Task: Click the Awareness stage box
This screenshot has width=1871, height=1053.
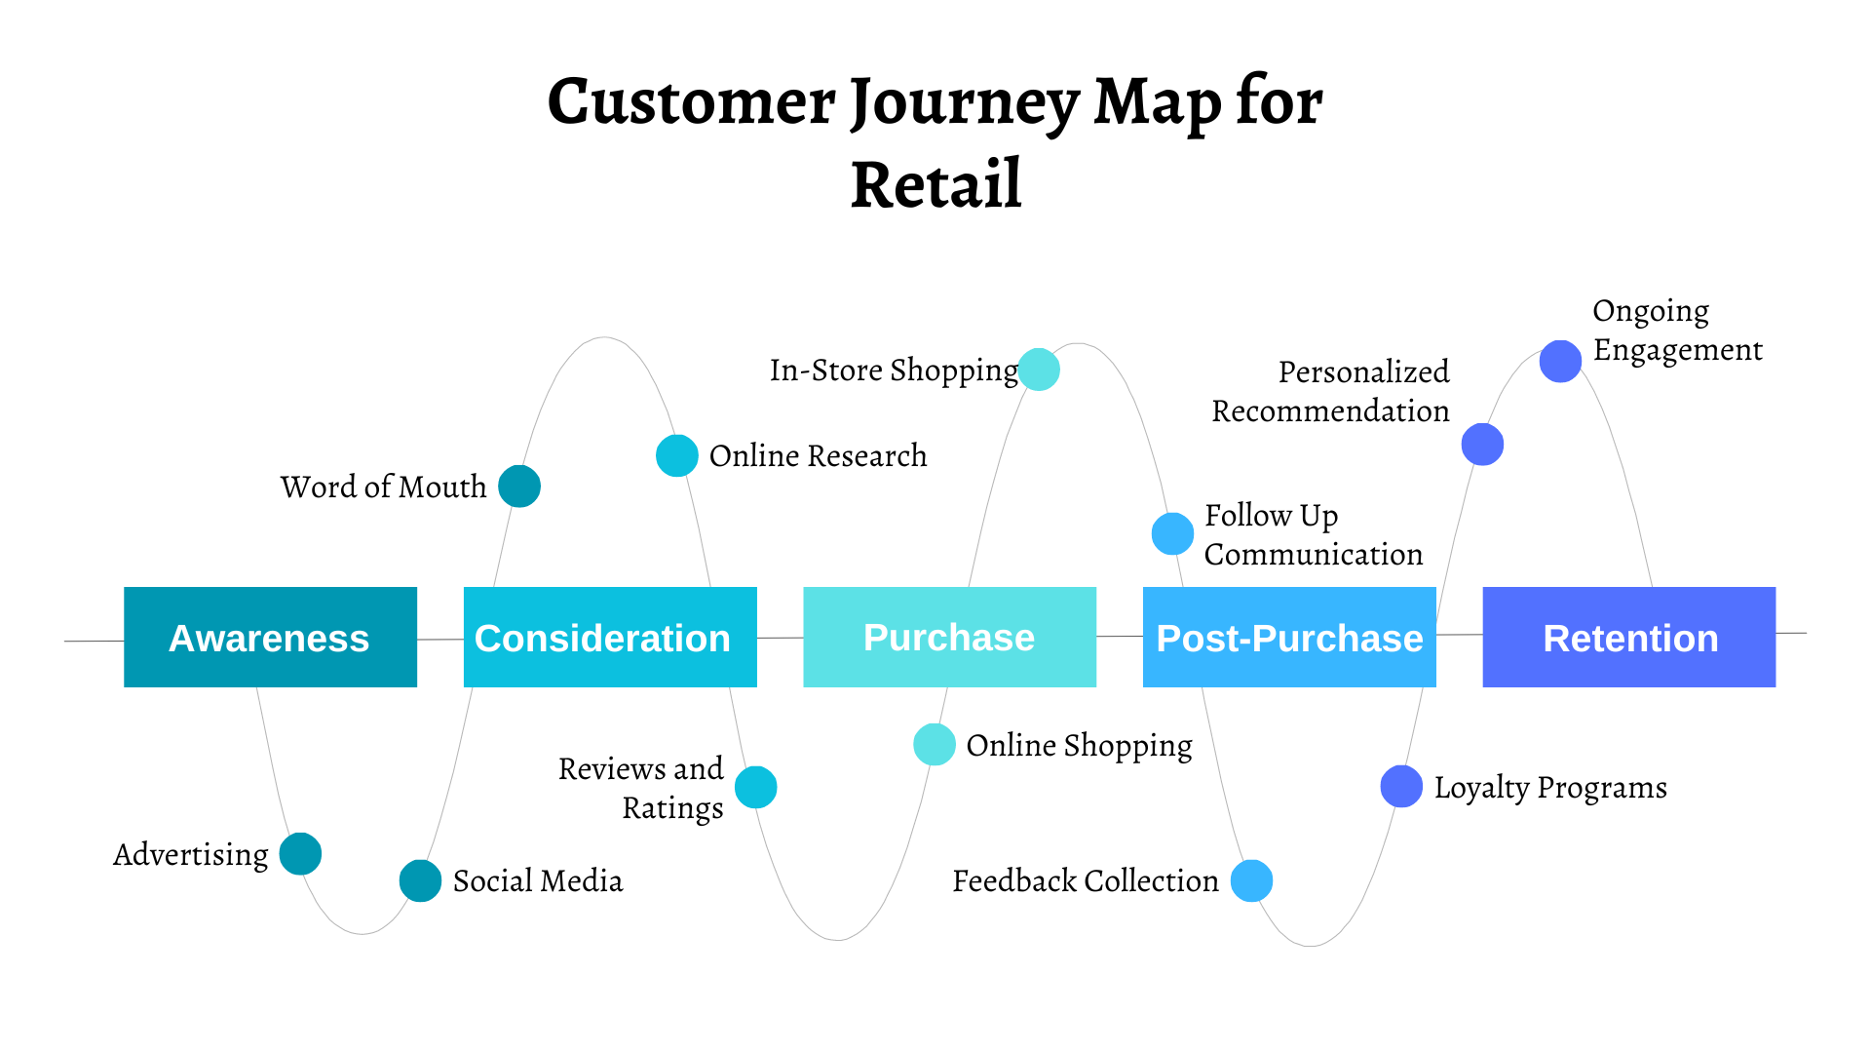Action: [x=270, y=638]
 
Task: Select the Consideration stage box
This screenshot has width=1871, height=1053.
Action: [x=610, y=638]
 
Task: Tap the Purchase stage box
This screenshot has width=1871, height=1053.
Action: [x=949, y=638]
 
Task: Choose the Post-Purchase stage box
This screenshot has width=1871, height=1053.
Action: [x=1289, y=638]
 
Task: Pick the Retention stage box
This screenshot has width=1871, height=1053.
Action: [x=1628, y=638]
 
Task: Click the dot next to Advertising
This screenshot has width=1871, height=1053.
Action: [x=300, y=854]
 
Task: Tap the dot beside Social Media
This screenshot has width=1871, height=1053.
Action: [x=420, y=881]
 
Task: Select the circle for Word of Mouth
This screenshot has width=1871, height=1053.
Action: [x=519, y=487]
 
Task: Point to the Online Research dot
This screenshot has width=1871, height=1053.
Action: [x=676, y=455]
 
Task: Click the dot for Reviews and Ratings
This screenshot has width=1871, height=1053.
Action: [x=755, y=788]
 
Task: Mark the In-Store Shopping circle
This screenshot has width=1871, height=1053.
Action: [x=1039, y=370]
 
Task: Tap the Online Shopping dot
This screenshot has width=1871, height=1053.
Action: [x=934, y=745]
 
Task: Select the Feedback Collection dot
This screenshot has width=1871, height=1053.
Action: [x=1251, y=881]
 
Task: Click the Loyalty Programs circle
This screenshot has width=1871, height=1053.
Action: [x=1401, y=787]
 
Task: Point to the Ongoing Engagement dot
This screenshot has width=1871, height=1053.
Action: [x=1560, y=362]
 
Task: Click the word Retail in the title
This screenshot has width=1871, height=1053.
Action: [x=935, y=185]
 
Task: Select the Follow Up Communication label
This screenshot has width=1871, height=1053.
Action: [x=1313, y=534]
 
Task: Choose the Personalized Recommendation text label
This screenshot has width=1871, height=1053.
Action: [x=1330, y=391]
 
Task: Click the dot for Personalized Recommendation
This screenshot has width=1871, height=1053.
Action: [x=1482, y=445]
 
